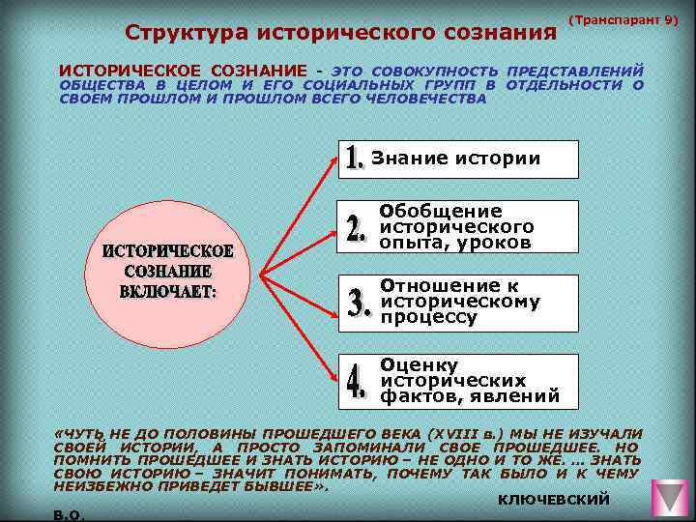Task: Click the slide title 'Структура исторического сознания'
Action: (x=342, y=34)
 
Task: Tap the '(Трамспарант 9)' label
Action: (x=623, y=19)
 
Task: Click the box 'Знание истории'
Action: (x=458, y=159)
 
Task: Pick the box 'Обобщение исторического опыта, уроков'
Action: (x=458, y=226)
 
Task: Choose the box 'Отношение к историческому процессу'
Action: (x=458, y=301)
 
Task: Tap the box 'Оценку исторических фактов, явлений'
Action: (x=458, y=380)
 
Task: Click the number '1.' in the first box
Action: (x=355, y=159)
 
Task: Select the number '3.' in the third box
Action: (x=360, y=303)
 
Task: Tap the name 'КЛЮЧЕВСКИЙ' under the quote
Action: (x=553, y=499)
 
